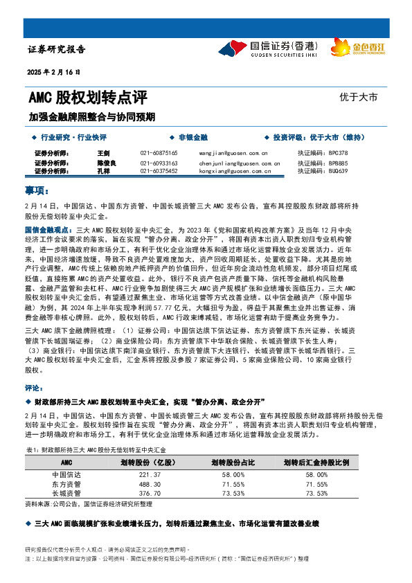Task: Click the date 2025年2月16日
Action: [59, 72]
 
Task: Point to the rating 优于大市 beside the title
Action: [359, 98]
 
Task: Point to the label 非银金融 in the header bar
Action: [192, 138]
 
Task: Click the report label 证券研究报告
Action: [56, 49]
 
